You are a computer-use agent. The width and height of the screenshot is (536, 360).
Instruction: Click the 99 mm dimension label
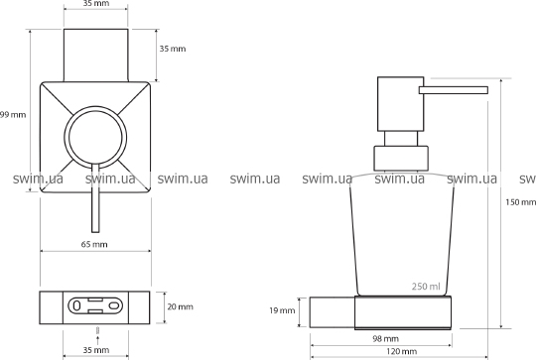[13, 115]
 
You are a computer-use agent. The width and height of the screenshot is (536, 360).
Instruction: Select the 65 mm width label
[94, 244]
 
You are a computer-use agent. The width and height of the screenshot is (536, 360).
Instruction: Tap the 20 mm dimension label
[180, 306]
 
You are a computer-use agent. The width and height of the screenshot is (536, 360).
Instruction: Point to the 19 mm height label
[282, 310]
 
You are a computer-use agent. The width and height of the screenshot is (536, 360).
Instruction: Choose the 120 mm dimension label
[401, 351]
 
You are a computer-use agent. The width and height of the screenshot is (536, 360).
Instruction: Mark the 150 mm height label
[521, 202]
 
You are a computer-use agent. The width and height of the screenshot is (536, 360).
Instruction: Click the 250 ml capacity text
[426, 287]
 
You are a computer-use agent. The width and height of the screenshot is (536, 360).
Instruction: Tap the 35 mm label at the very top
[96, 3]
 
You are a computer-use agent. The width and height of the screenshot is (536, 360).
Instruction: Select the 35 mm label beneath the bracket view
[96, 350]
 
